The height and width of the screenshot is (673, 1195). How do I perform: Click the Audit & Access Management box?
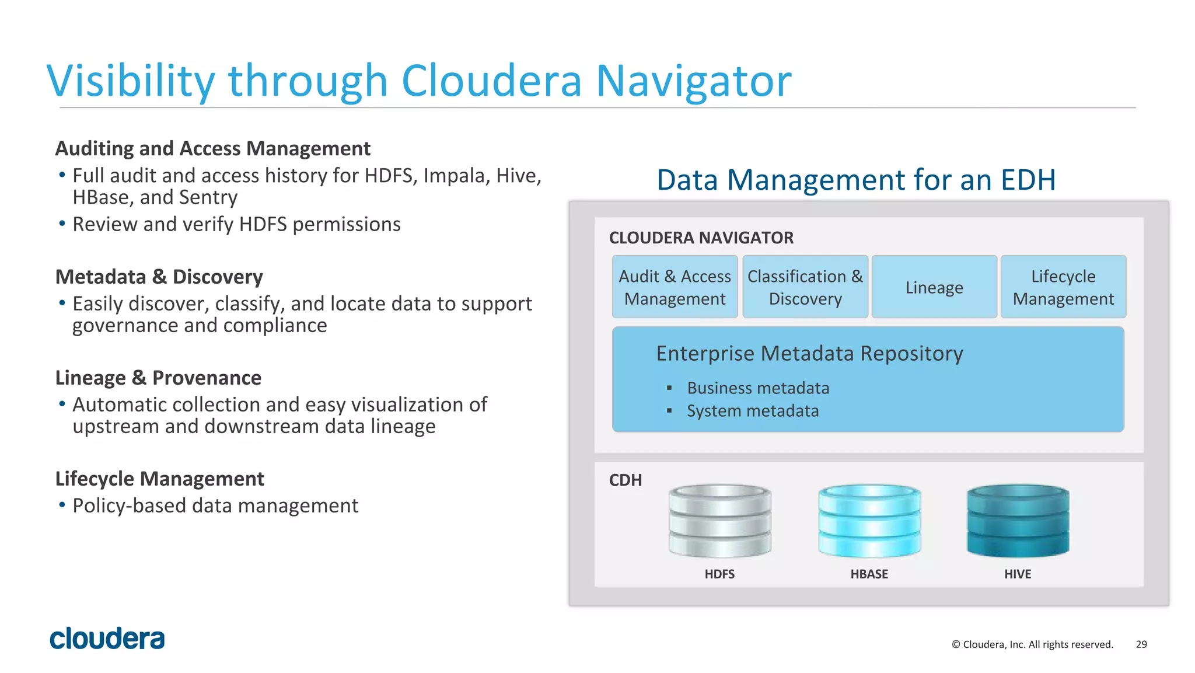pos(675,287)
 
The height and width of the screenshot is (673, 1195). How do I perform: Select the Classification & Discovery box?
pos(805,287)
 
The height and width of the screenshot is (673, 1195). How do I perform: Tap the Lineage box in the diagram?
pos(934,287)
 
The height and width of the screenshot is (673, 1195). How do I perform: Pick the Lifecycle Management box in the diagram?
pos(1063,287)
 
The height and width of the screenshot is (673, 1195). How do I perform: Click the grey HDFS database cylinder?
pos(720,520)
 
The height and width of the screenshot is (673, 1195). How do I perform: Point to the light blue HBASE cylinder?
pos(869,520)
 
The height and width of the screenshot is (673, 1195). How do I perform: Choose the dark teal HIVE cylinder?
pos(1018,520)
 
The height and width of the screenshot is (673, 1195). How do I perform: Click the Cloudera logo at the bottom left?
pos(107,639)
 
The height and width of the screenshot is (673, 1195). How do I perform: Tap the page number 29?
pos(1141,644)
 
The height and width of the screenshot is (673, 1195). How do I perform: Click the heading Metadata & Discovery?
pos(159,277)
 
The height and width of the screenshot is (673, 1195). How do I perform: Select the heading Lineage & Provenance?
pos(158,378)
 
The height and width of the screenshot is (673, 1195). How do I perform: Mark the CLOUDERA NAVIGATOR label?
pos(701,238)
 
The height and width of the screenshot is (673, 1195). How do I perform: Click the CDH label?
pos(626,480)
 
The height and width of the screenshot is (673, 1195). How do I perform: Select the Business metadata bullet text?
pos(758,388)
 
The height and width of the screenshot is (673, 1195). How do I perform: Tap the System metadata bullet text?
pos(753,411)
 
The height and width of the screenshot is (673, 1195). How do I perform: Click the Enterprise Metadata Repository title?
pos(809,354)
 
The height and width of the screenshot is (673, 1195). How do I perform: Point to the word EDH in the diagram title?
pos(1028,180)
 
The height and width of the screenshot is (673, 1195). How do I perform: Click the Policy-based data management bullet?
pos(215,505)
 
